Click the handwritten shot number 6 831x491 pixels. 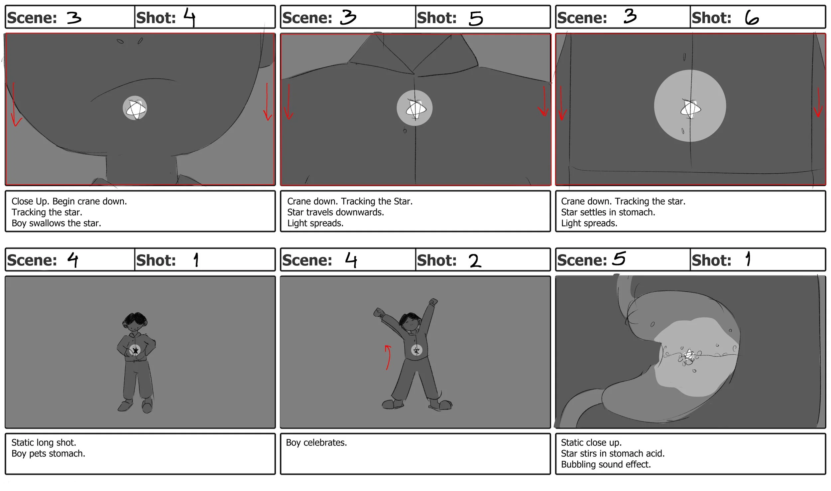[752, 18]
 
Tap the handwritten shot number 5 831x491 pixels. [476, 18]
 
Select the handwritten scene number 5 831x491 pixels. [619, 258]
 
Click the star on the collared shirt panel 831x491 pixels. [415, 109]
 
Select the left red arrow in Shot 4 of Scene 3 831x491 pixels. [15, 104]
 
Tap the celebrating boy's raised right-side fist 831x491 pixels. [433, 301]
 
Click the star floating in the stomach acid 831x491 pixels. [689, 355]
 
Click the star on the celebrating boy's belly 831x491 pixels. [416, 350]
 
